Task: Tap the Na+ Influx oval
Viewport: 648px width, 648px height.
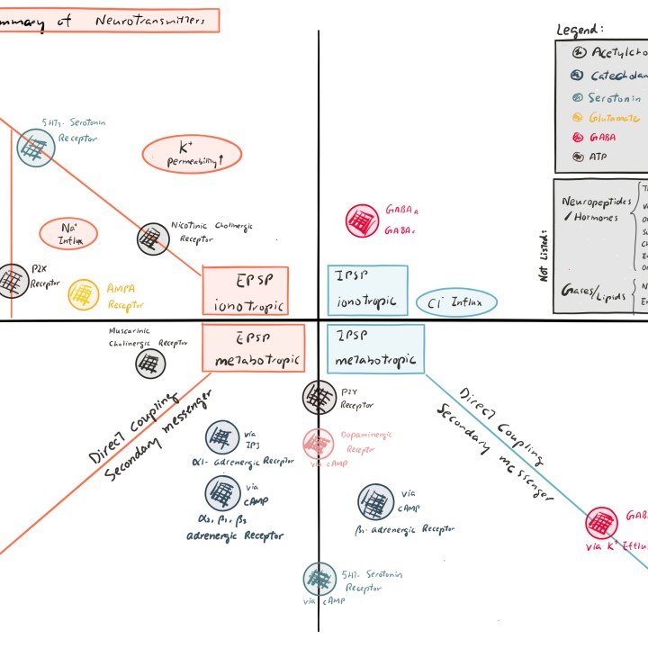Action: click(68, 234)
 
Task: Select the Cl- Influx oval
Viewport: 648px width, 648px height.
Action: click(455, 303)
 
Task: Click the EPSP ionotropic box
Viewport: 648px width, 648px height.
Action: click(246, 291)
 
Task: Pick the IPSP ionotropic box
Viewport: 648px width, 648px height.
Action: click(367, 290)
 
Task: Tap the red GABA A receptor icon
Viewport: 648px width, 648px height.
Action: click(362, 220)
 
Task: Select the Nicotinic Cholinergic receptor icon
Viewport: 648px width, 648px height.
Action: click(152, 238)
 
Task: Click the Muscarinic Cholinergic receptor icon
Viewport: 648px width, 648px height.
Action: click(150, 364)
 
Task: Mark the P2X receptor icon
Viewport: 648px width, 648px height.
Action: click(11, 281)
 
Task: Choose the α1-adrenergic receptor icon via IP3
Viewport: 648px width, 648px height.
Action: click(220, 438)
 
